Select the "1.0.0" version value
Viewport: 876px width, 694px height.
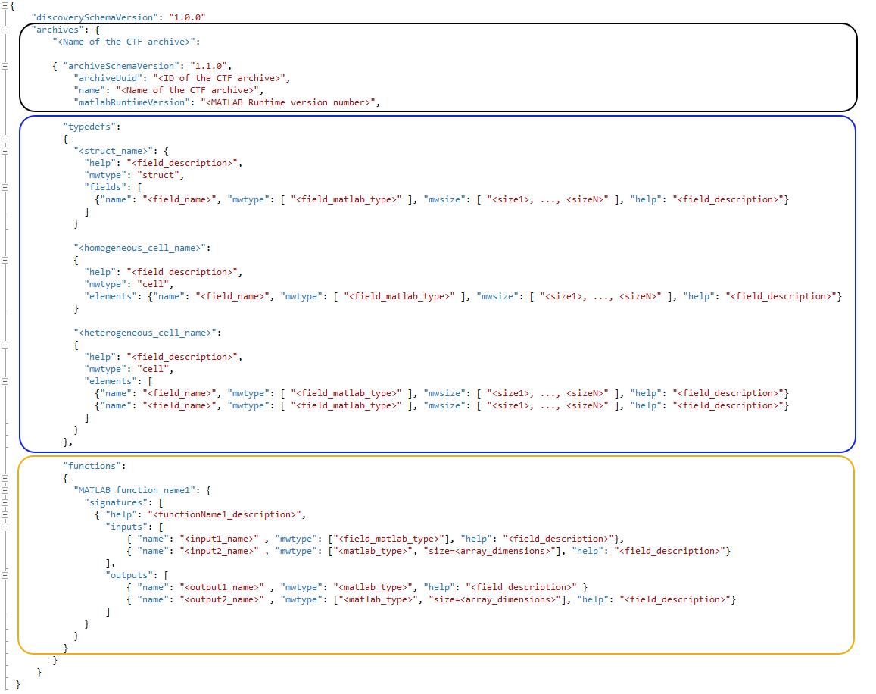coord(187,17)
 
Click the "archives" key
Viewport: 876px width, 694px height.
coord(58,29)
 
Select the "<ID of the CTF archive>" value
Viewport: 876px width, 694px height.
coord(221,77)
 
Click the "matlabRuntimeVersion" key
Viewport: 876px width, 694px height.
coord(129,102)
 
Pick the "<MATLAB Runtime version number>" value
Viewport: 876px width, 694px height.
coord(288,102)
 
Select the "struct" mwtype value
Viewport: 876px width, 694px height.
coord(163,174)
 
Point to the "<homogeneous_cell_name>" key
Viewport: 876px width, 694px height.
coord(141,247)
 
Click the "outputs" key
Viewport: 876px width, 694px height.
coord(128,574)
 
